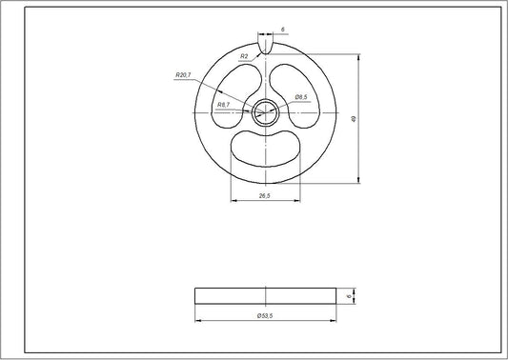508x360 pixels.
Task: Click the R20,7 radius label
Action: (x=184, y=74)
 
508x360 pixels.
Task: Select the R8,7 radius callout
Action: (x=224, y=104)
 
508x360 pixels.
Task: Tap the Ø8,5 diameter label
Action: (x=300, y=97)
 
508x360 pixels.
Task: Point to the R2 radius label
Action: (x=245, y=56)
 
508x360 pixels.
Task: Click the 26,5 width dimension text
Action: (x=266, y=196)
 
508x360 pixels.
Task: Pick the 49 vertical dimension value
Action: (x=354, y=118)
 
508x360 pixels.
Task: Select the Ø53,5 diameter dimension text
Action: (x=266, y=315)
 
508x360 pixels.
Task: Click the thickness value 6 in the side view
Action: (x=350, y=295)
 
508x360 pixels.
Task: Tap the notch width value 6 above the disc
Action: (x=283, y=30)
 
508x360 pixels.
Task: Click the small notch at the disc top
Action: (x=266, y=44)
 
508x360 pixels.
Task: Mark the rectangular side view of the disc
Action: (x=266, y=295)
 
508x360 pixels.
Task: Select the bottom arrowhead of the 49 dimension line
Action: (x=358, y=180)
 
